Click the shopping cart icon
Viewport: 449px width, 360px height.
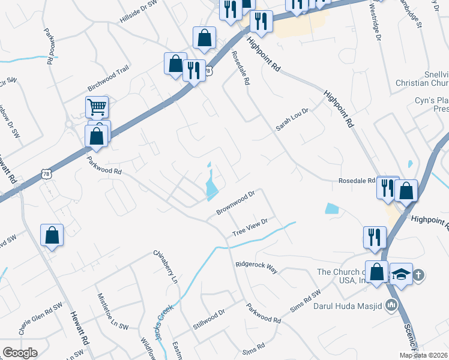tap(97, 107)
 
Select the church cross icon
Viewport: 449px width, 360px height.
tap(419, 275)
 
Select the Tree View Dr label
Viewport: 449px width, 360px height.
tap(250, 227)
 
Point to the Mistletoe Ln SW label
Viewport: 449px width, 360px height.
tap(113, 311)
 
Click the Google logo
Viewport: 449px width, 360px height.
tap(20, 353)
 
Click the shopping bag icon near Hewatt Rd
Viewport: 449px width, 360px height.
tap(52, 235)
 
